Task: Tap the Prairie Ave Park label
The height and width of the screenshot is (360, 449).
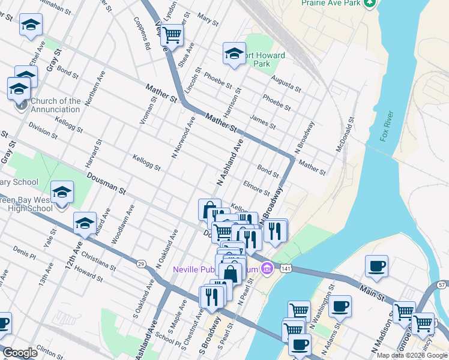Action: pyautogui.click(x=331, y=4)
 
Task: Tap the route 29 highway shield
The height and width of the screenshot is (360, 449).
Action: pyautogui.click(x=140, y=263)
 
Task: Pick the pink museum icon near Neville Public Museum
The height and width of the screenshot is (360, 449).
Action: pyautogui.click(x=266, y=269)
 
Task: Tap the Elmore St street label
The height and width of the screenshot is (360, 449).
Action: pyautogui.click(x=256, y=188)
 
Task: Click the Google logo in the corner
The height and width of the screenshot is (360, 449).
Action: pyautogui.click(x=20, y=353)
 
